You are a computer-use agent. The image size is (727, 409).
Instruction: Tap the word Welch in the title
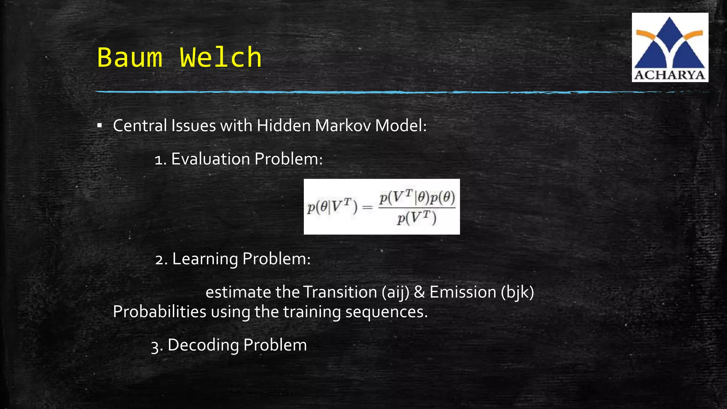[x=221, y=57]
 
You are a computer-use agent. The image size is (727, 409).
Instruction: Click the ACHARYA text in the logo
[x=669, y=75]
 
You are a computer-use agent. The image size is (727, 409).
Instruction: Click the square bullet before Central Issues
[x=100, y=126]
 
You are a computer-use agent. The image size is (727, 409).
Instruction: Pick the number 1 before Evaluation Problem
[x=159, y=160]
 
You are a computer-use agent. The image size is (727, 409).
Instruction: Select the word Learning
[x=205, y=259]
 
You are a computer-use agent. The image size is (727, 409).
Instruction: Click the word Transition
[x=340, y=292]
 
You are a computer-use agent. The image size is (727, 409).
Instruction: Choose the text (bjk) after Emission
[x=518, y=292]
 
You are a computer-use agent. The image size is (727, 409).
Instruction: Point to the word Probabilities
[x=159, y=312]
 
